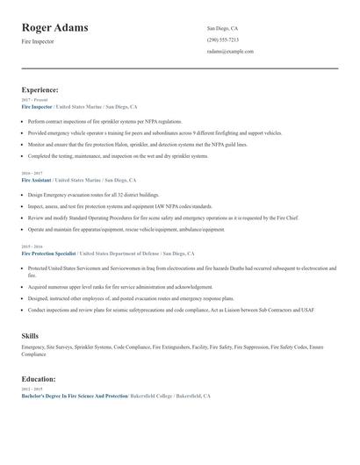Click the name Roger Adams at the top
click(x=54, y=28)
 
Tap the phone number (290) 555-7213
click(x=222, y=39)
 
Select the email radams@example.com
click(x=230, y=51)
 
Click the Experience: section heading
click(x=40, y=89)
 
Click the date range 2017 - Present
click(x=34, y=100)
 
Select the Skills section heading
click(x=30, y=335)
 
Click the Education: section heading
click(x=40, y=379)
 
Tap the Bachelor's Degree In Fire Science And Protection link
click(x=74, y=396)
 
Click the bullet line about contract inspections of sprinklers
click(x=104, y=121)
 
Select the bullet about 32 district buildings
click(x=93, y=194)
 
